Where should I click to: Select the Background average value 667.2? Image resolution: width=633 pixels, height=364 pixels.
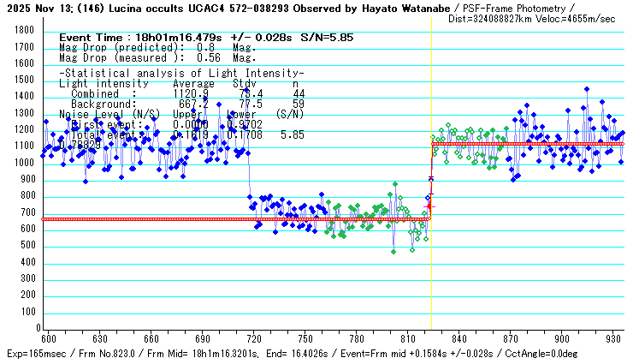point(192,104)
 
